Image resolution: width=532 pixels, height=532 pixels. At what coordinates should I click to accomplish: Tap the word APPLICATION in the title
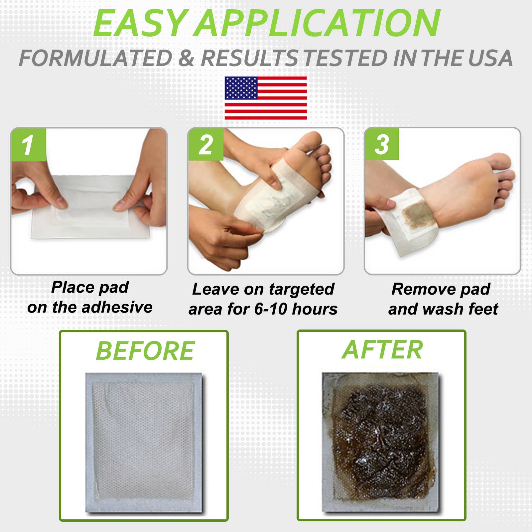(318, 24)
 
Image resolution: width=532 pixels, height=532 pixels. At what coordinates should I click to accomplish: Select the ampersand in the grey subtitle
(186, 58)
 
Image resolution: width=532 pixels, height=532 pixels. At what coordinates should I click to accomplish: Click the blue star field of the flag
(241, 88)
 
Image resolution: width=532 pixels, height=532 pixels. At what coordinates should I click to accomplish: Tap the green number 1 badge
(28, 145)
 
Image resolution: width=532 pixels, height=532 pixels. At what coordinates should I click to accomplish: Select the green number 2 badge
(205, 145)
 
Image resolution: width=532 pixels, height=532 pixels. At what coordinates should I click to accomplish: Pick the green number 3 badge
(381, 144)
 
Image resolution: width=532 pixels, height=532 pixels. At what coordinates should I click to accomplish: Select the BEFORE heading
(145, 351)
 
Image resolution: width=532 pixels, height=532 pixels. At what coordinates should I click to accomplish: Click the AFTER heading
(382, 350)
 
